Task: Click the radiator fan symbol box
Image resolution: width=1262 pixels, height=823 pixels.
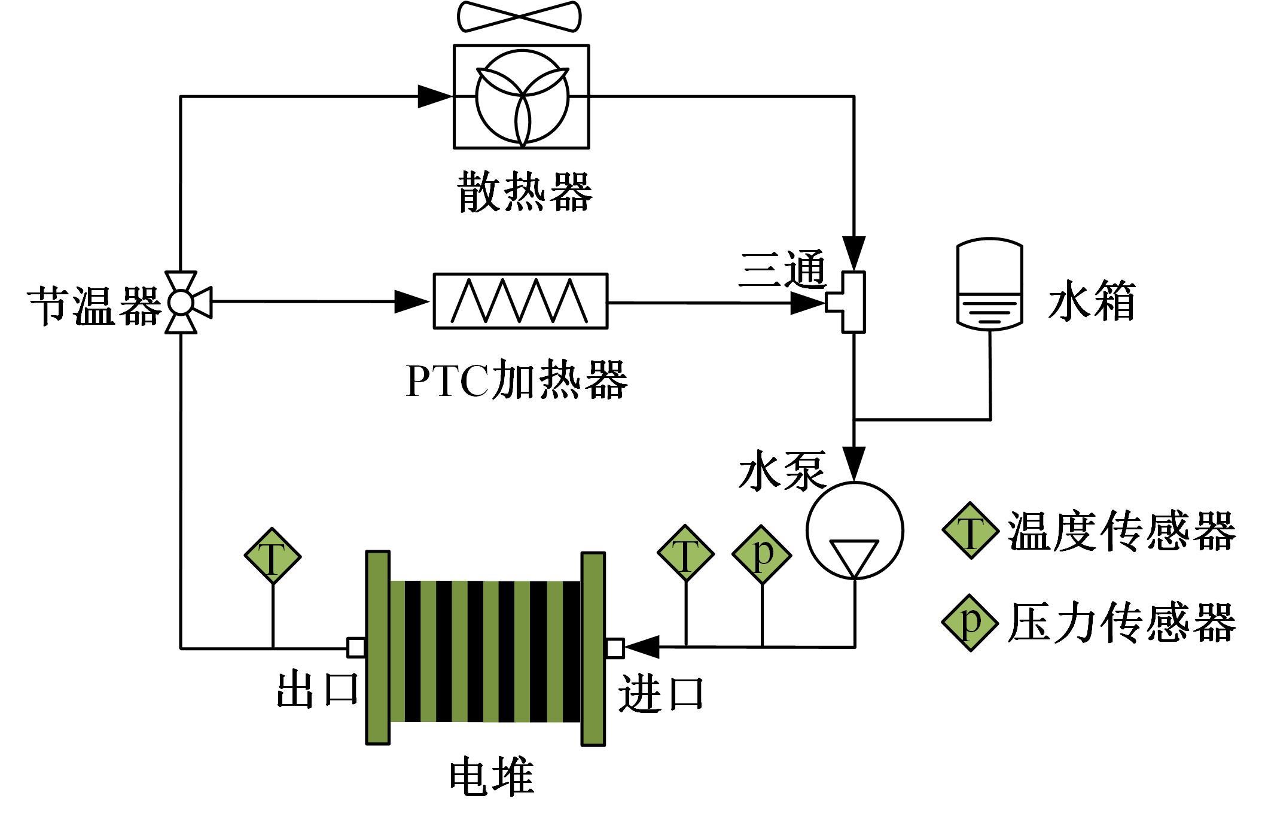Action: [x=521, y=96]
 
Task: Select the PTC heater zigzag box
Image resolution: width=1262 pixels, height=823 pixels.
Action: [x=520, y=301]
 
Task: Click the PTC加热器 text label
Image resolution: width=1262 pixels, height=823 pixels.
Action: [x=517, y=380]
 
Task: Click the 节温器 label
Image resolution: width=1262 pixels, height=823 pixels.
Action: [x=95, y=306]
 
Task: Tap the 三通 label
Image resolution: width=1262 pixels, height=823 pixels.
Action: [x=782, y=269]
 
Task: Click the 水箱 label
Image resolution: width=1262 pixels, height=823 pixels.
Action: [x=1091, y=301]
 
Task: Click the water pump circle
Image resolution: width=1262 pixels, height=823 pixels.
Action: [x=855, y=530]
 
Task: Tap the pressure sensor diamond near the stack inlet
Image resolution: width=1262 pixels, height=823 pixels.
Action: [x=761, y=554]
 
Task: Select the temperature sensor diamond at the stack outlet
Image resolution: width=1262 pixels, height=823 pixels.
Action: [x=273, y=556]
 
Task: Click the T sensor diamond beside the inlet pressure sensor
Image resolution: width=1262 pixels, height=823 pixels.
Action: [x=685, y=553]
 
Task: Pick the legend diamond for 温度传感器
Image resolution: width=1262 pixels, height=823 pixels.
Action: [x=970, y=530]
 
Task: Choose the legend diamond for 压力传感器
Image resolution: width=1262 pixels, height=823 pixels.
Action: [x=970, y=623]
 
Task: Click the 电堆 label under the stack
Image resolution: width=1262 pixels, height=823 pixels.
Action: [x=492, y=776]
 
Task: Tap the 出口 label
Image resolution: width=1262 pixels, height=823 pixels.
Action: [x=317, y=690]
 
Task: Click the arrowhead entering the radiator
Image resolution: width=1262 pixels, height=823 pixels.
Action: [x=434, y=96]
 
